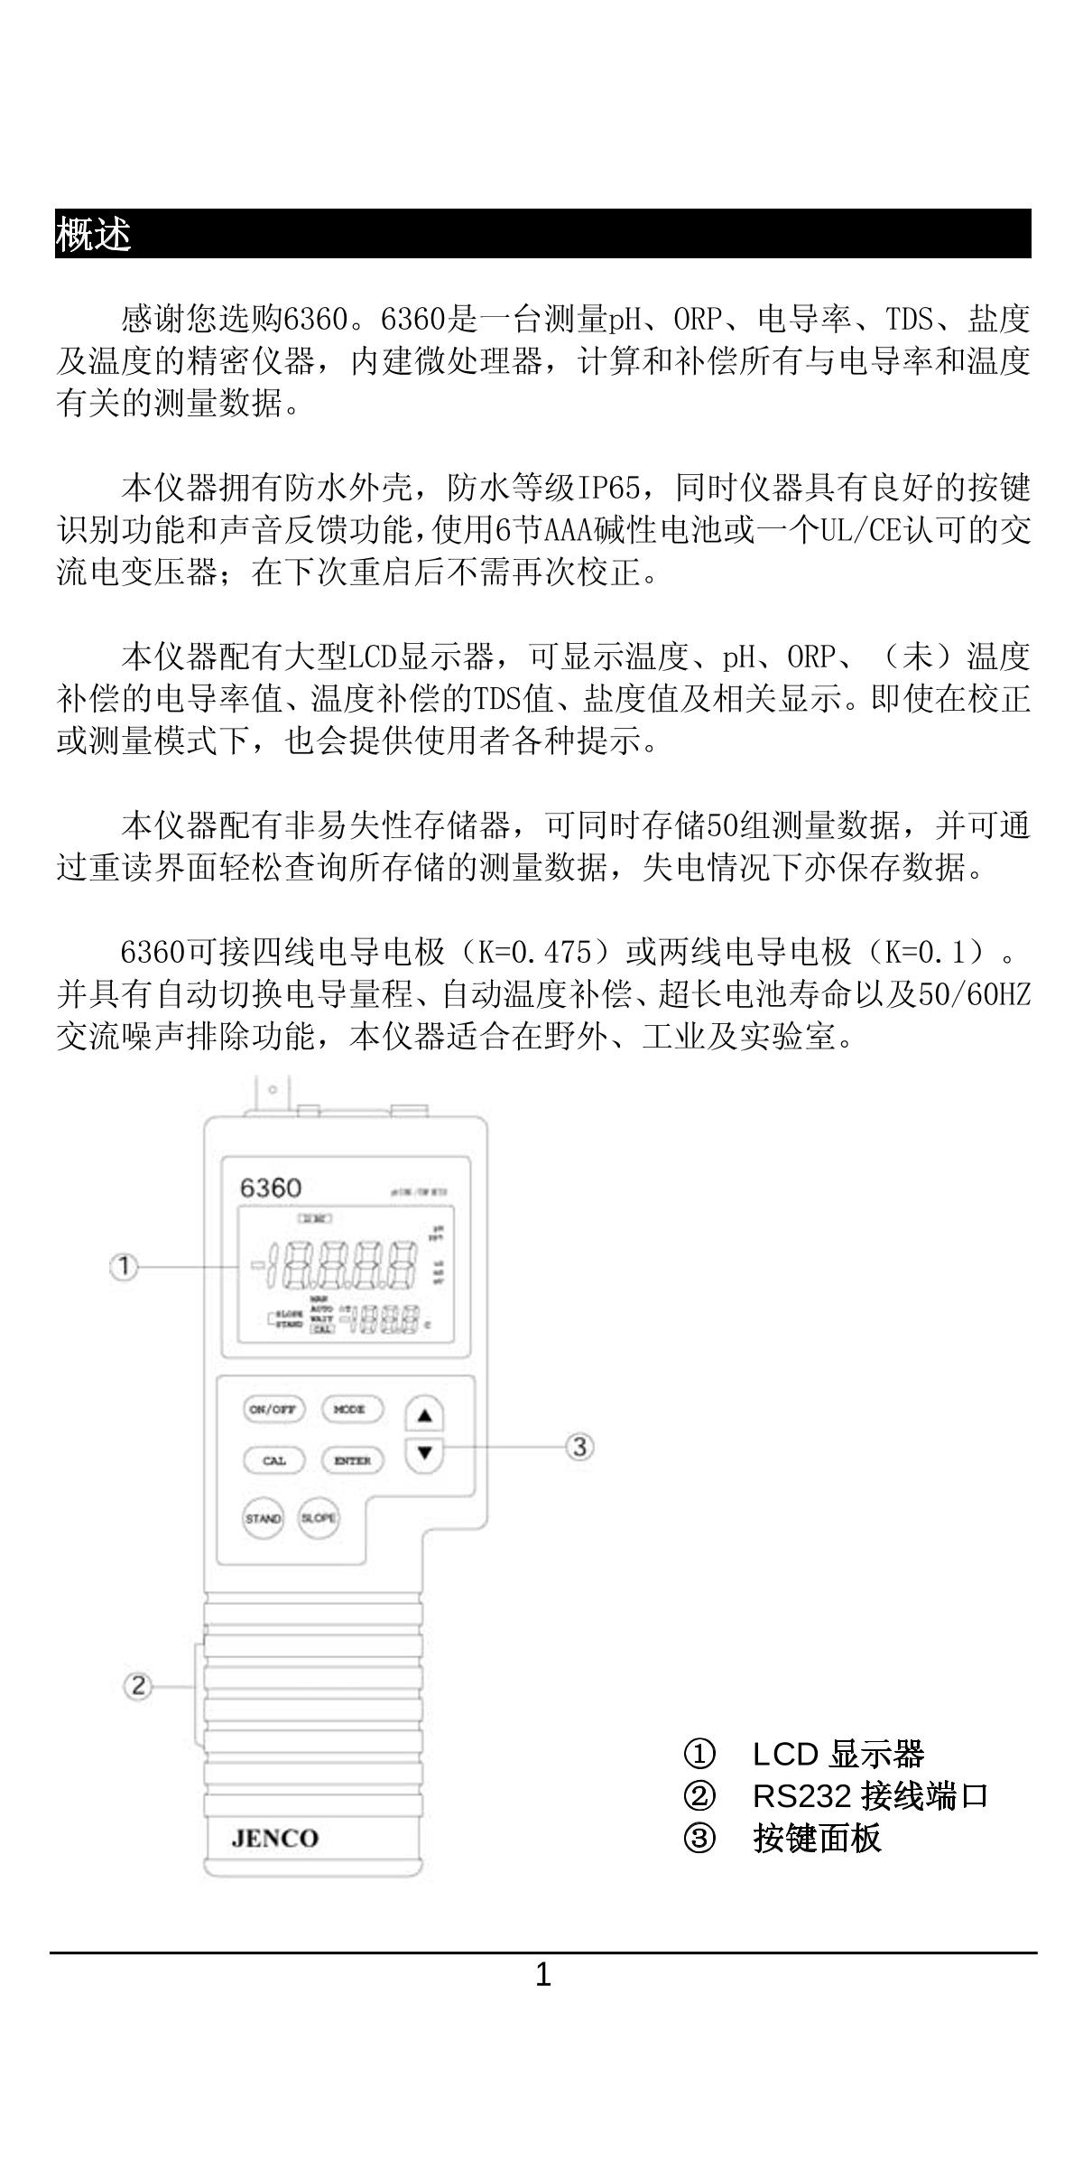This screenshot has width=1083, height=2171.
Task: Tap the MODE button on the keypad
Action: click(x=351, y=1410)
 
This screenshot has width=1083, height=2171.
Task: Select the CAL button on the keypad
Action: click(x=274, y=1460)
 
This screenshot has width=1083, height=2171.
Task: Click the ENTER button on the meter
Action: click(x=352, y=1460)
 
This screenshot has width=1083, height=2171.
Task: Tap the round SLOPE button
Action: click(x=319, y=1518)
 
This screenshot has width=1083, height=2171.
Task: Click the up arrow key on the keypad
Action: click(x=425, y=1415)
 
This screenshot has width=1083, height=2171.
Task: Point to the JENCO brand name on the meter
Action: click(x=274, y=1839)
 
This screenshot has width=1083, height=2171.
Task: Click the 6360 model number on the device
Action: click(x=270, y=1188)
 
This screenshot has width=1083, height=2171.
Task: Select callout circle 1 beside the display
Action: click(x=124, y=1267)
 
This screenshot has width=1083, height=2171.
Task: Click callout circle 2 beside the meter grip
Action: click(x=137, y=1686)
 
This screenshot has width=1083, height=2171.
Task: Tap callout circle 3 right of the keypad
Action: click(x=579, y=1447)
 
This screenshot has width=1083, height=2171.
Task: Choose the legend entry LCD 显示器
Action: click(x=838, y=1755)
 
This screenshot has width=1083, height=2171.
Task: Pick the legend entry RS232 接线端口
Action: click(x=870, y=1797)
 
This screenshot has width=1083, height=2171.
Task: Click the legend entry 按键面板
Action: click(x=817, y=1839)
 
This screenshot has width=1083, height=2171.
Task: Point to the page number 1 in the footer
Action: click(x=542, y=1976)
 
